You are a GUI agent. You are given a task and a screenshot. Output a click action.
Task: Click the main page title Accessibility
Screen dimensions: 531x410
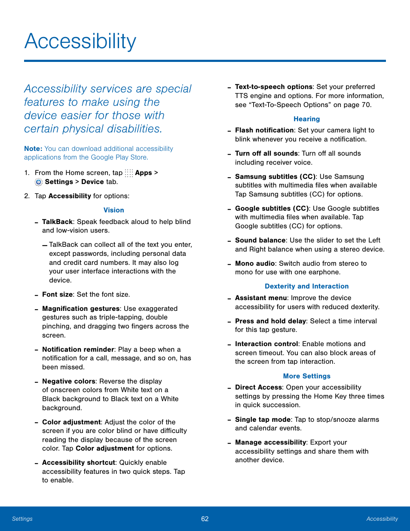(80, 42)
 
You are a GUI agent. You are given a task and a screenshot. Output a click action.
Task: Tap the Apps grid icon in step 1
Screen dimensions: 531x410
(129, 173)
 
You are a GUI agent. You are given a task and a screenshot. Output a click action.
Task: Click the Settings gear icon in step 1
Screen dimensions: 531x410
(39, 182)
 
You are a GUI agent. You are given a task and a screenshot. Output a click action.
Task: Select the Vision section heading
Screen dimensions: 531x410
(113, 210)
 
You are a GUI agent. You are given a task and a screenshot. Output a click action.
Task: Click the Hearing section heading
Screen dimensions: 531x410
(306, 119)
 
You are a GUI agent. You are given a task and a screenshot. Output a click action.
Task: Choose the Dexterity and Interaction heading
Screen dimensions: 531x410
(306, 286)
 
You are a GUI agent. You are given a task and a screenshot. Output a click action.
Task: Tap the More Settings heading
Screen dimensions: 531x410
(306, 376)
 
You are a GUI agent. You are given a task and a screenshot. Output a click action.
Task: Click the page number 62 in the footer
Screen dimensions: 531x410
(205, 519)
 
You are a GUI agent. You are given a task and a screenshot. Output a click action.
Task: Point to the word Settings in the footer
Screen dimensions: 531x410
(22, 519)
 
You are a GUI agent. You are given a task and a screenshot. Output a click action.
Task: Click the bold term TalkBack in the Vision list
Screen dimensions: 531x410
(57, 222)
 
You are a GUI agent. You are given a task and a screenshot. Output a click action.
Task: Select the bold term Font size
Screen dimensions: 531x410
(57, 295)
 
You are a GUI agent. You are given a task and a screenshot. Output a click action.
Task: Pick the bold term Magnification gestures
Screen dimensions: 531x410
(81, 309)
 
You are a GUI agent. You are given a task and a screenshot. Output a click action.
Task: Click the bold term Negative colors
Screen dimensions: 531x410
(69, 381)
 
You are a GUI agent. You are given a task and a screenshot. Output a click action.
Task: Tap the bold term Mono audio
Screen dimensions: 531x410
(255, 264)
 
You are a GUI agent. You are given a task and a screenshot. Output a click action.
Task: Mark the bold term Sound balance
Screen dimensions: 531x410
(260, 240)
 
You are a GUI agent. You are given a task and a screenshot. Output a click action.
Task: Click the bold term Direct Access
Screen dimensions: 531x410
(258, 387)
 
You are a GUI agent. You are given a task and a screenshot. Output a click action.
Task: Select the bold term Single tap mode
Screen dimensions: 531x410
(263, 420)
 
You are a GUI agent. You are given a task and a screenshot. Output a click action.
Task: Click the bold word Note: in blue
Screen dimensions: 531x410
(33, 149)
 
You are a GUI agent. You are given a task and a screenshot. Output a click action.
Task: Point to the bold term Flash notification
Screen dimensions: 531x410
(264, 130)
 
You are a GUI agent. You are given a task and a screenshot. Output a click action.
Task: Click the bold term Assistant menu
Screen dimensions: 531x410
(261, 298)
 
